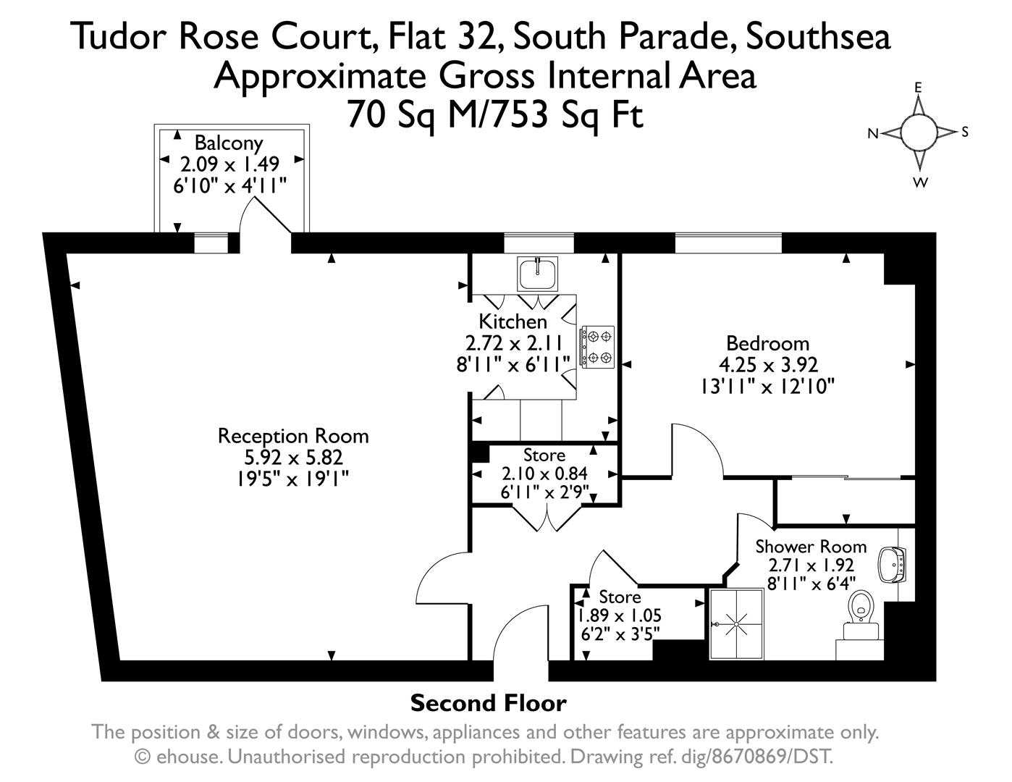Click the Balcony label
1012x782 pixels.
point(229,143)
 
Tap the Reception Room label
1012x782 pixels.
point(293,436)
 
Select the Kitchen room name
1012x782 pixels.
point(513,321)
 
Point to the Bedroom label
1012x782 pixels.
point(768,344)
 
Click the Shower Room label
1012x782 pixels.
point(811,547)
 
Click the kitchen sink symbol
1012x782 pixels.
point(537,274)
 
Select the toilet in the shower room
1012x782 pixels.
point(861,615)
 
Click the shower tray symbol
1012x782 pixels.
point(736,623)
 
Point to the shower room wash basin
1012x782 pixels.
point(891,565)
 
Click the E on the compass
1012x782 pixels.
point(918,88)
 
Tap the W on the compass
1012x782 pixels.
point(920,182)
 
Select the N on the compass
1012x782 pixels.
point(873,134)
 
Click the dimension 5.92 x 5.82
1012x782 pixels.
point(294,458)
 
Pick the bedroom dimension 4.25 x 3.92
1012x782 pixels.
point(769,365)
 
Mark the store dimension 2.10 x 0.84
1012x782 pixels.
point(544,474)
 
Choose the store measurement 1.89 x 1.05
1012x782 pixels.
point(620,615)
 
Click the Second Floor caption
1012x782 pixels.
point(489,703)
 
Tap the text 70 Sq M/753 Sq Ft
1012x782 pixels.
point(496,115)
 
